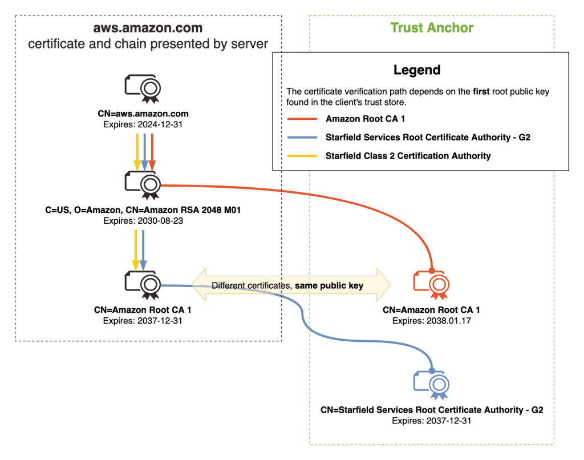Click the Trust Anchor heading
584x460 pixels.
tap(432, 27)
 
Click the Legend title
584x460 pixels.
tap(416, 70)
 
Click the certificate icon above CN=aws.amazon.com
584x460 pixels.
tap(143, 88)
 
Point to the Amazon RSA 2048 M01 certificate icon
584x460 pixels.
tap(143, 185)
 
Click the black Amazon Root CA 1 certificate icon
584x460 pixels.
tap(143, 284)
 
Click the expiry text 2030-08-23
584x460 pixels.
tap(143, 220)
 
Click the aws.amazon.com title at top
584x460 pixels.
tap(148, 27)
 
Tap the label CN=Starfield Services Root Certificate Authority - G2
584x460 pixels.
tap(432, 410)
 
